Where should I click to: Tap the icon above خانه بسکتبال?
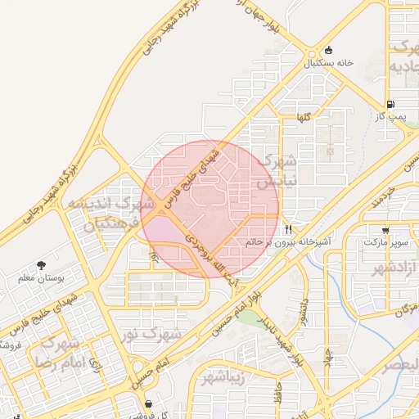(329, 49)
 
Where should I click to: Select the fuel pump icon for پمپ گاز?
(390, 104)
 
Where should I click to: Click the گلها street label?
(303, 118)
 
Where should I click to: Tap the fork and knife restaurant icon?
(289, 228)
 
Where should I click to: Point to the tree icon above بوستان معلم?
(41, 264)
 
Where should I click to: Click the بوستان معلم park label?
(41, 278)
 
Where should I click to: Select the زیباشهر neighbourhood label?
(222, 378)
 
